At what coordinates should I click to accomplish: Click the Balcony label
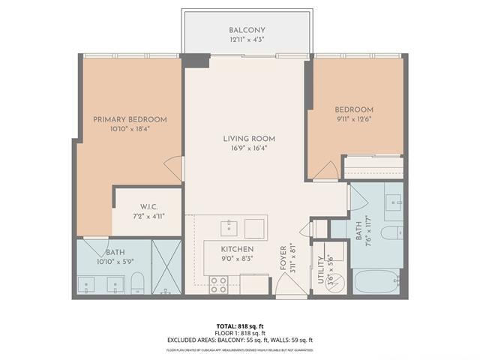point(247,31)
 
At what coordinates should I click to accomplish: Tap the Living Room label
point(248,139)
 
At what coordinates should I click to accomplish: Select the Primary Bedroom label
point(130,119)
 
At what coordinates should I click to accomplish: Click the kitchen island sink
point(229,227)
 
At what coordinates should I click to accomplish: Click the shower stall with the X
point(167,267)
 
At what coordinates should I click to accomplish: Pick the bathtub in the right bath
point(377,281)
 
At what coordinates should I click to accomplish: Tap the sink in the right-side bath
point(393,202)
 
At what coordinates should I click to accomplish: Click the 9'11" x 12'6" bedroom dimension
point(354,118)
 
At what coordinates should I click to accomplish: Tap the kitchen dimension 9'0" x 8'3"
point(236,259)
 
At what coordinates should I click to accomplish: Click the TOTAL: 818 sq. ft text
point(239,325)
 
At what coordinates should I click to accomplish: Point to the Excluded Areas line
point(239,340)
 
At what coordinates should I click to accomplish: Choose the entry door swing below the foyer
point(288,284)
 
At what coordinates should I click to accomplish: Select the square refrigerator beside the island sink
point(255,228)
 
